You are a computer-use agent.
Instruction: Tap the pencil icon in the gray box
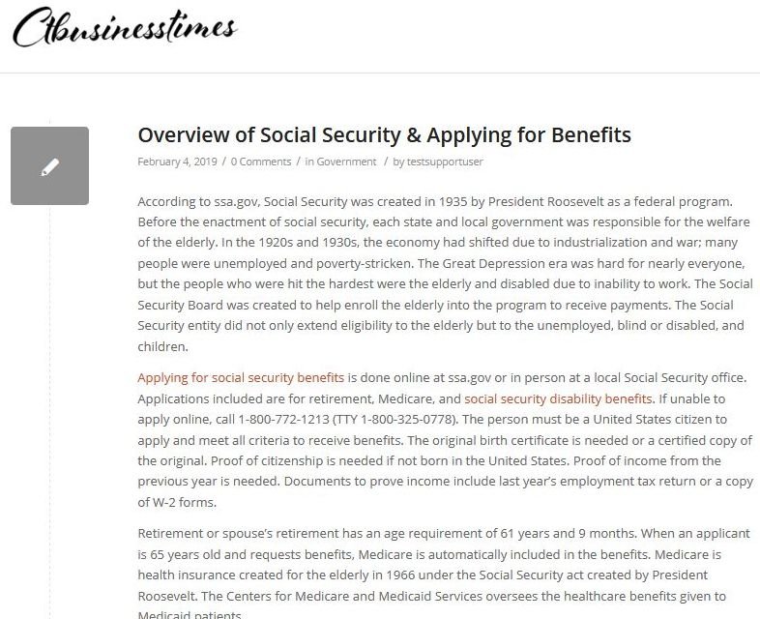click(x=49, y=166)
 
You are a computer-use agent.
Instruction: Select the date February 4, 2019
click(x=177, y=162)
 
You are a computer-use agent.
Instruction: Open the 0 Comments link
click(x=260, y=162)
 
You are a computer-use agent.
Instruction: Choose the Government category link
click(x=346, y=162)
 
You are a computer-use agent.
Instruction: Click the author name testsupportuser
click(x=445, y=162)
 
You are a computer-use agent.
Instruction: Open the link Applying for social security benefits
click(x=241, y=377)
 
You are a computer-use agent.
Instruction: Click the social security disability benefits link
click(x=558, y=398)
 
